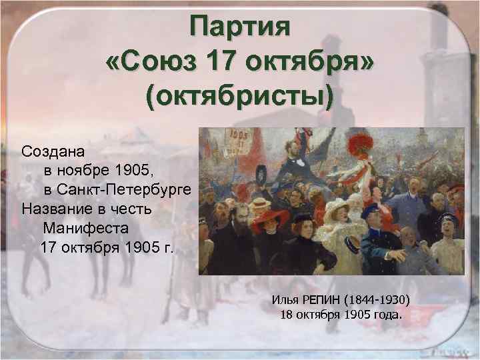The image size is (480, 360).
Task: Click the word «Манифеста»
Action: coord(85,229)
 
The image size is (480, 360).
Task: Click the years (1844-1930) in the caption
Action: coord(387,298)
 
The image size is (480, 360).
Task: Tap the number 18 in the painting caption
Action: coord(288,314)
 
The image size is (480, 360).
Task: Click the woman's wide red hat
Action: coord(270,219)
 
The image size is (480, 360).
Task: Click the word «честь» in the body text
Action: coord(133,209)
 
